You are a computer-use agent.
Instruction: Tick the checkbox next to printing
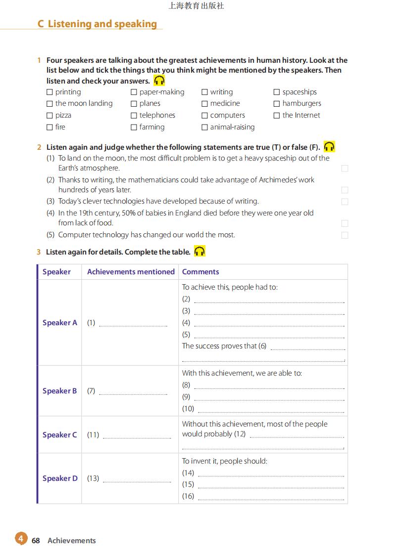pos(49,92)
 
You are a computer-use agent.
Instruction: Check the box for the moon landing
pos(49,104)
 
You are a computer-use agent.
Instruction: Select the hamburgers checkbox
pos(277,104)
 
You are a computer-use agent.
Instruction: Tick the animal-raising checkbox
pos(204,128)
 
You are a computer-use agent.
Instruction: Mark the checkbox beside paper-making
pos(134,92)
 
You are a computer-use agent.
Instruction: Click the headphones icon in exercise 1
pos(159,81)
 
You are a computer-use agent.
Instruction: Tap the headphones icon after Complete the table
pos(199,252)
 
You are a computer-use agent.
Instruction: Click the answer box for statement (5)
pos(345,235)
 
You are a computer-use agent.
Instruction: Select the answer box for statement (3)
pos(345,202)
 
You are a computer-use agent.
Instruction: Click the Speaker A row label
pos(60,323)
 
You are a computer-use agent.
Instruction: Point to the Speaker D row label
pos(60,478)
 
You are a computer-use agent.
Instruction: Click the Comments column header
pos(200,272)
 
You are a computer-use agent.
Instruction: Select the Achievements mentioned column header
pos(131,272)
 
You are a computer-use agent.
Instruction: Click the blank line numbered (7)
pos(133,391)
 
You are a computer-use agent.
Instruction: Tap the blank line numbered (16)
pos(271,497)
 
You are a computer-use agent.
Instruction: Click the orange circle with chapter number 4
pos(21,538)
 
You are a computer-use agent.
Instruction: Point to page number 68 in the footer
pos(36,541)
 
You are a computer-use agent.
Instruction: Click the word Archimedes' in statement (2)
pos(278,180)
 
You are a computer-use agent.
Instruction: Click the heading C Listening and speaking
pos(98,24)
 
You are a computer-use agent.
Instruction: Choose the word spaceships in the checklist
pos(299,92)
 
